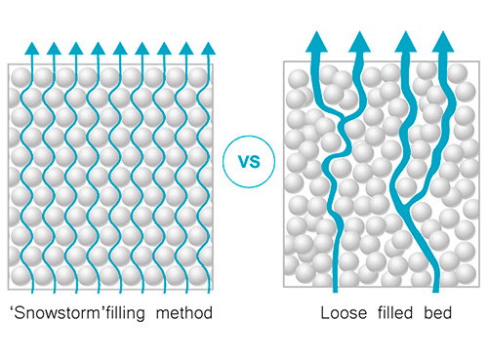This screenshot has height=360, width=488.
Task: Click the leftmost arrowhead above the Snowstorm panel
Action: pos(32,48)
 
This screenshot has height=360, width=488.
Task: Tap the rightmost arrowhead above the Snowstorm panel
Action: pos(208,48)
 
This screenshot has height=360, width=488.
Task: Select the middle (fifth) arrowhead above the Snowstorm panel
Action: pos(120,48)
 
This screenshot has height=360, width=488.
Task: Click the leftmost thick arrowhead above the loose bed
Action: pos(316,42)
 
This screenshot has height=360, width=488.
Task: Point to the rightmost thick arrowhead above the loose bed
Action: pos(443,42)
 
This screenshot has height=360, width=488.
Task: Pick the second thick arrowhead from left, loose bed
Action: pos(359,42)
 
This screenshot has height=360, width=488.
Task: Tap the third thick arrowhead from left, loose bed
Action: pos(405,42)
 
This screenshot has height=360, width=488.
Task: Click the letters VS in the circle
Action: pos(249,162)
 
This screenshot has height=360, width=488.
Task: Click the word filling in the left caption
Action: pos(126,313)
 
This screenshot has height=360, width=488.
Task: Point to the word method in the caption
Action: pos(184,313)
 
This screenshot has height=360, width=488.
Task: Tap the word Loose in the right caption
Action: pos(344,313)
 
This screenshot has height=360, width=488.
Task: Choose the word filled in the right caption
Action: pos(395,313)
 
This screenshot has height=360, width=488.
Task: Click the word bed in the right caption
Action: pos(438,313)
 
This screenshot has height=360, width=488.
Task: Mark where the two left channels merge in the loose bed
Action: pos(344,120)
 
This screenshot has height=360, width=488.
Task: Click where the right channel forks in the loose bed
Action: pos(404,205)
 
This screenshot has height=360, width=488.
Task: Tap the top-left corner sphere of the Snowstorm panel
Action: pos(21,78)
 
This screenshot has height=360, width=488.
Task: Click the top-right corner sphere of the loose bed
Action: pos(458,73)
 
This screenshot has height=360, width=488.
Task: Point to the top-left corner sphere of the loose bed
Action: pos(299,79)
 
